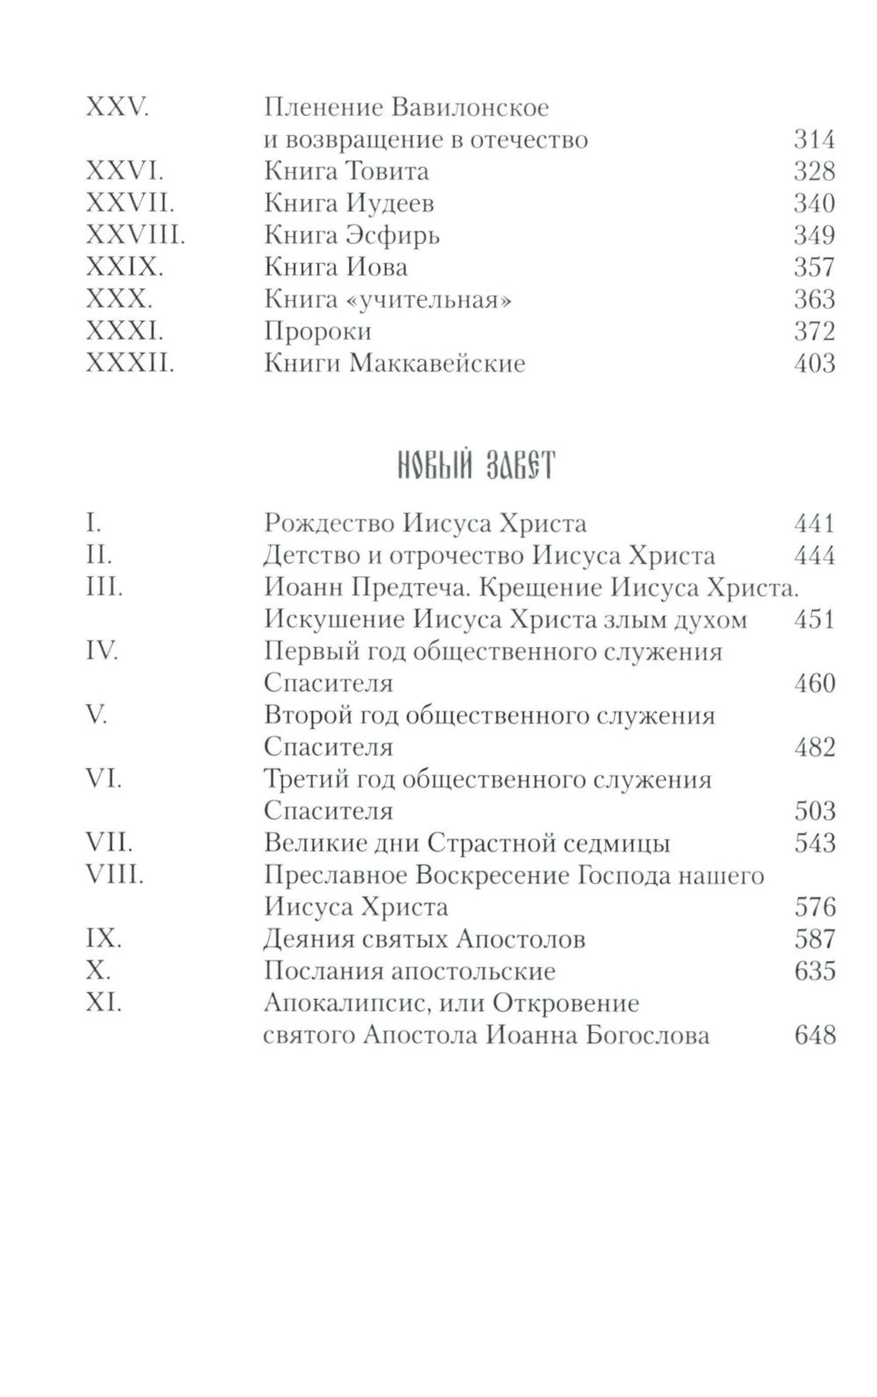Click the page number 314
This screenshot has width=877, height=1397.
(813, 139)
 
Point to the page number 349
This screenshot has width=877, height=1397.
(813, 235)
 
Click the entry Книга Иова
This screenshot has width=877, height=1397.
(336, 267)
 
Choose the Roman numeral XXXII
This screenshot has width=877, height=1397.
(130, 363)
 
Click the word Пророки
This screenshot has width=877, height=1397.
(317, 331)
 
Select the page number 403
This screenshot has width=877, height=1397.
(813, 363)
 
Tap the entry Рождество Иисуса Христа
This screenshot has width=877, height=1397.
(425, 524)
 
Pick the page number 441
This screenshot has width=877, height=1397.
(813, 524)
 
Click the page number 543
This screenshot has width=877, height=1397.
(813, 844)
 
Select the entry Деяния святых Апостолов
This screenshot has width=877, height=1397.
(425, 939)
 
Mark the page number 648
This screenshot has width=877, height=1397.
(813, 1035)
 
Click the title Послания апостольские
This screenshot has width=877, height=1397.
(410, 972)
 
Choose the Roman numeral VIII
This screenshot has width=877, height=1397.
(114, 875)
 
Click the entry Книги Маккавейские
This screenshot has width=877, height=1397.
(395, 363)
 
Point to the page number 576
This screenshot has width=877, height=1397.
(813, 907)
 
